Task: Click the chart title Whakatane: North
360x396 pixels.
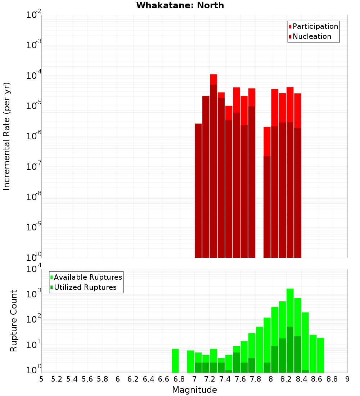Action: [180, 5]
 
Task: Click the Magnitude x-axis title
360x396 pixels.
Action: [194, 390]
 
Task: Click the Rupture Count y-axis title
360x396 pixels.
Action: [14, 321]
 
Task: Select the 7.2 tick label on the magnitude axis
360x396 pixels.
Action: [210, 379]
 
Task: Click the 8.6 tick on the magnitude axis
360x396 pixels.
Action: [317, 379]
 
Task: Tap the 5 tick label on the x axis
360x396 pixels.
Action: [41, 379]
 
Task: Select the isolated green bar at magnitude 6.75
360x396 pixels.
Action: [175, 360]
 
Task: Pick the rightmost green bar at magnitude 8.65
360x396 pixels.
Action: [321, 355]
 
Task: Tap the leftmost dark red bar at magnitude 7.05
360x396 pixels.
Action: [198, 191]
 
